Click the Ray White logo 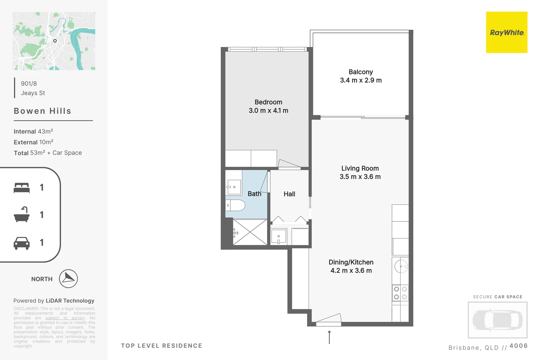pyautogui.click(x=506, y=32)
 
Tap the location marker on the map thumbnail pyautogui.click(x=55, y=41)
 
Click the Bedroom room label pyautogui.click(x=268, y=102)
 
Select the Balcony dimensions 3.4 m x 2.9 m pyautogui.click(x=361, y=80)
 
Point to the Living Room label pyautogui.click(x=360, y=168)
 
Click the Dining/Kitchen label pyautogui.click(x=351, y=262)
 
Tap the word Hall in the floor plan pyautogui.click(x=289, y=194)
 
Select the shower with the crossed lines pyautogui.click(x=250, y=232)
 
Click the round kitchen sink pyautogui.click(x=401, y=266)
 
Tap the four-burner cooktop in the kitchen pyautogui.click(x=400, y=293)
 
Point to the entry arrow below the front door pyautogui.click(x=329, y=337)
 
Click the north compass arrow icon pyautogui.click(x=68, y=279)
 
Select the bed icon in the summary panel pyautogui.click(x=22, y=188)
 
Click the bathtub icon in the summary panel pyautogui.click(x=22, y=215)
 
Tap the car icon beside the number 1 pyautogui.click(x=22, y=243)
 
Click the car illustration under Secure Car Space pyautogui.click(x=497, y=320)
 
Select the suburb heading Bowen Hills pyautogui.click(x=42, y=111)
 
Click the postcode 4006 pyautogui.click(x=518, y=346)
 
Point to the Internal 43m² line pyautogui.click(x=33, y=131)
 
